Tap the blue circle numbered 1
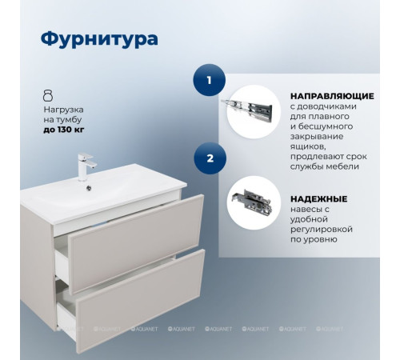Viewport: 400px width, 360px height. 210,80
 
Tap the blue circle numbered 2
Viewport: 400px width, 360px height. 210,158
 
